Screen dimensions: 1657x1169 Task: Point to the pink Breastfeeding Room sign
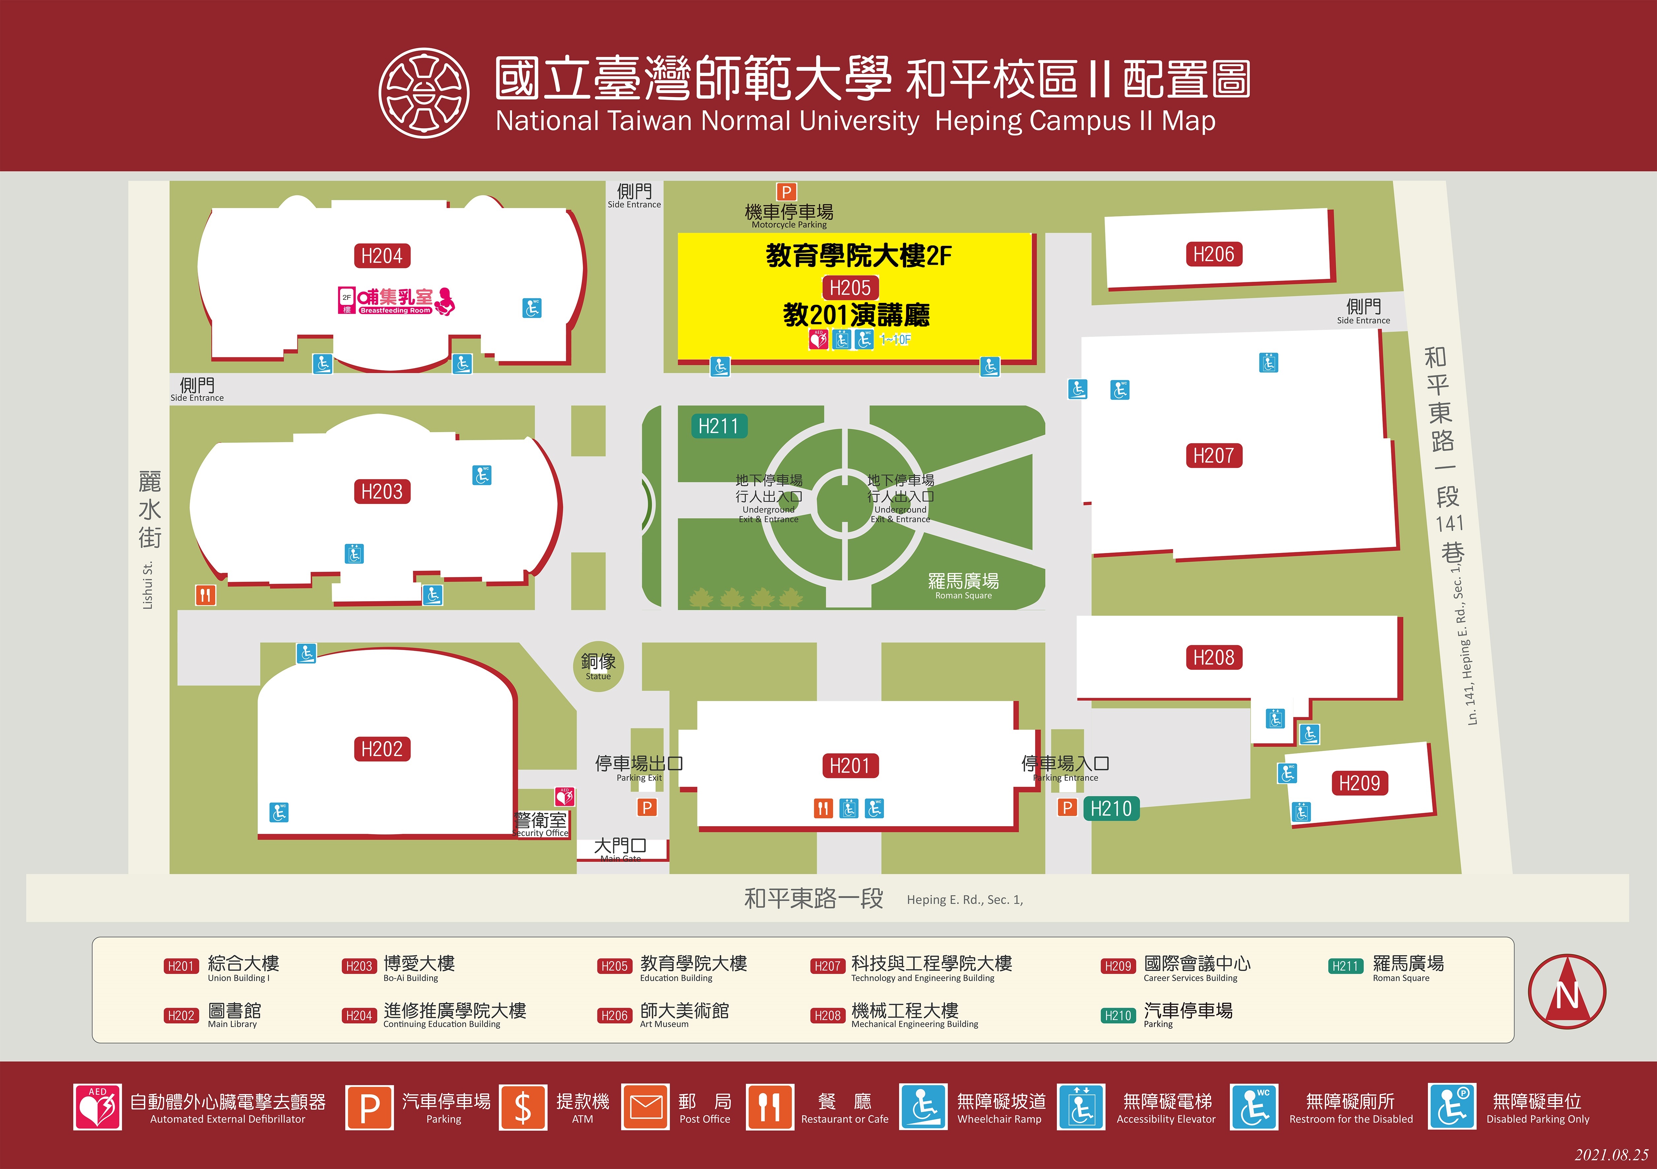pyautogui.click(x=396, y=301)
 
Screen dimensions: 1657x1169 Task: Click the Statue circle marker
pyautogui.click(x=598, y=666)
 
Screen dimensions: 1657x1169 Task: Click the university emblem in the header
pyautogui.click(x=424, y=93)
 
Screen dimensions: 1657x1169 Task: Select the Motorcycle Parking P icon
pyautogui.click(x=786, y=192)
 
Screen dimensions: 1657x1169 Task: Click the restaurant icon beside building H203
pyautogui.click(x=206, y=595)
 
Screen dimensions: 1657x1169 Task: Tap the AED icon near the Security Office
pyautogui.click(x=564, y=796)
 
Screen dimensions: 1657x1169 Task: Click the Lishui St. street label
pyautogui.click(x=148, y=585)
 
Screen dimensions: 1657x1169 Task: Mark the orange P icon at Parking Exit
pyautogui.click(x=647, y=807)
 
